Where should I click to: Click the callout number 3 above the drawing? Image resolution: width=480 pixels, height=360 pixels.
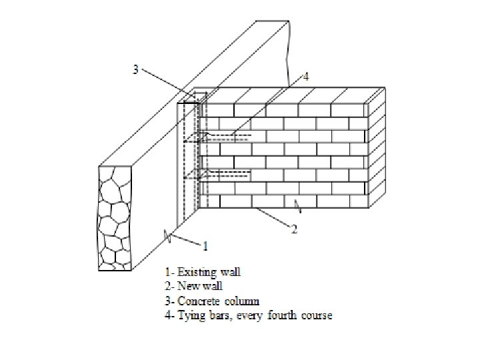click(x=136, y=70)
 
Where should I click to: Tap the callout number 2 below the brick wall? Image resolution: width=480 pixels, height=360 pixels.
click(x=294, y=229)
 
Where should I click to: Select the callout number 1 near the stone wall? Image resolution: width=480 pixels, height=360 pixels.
click(x=205, y=245)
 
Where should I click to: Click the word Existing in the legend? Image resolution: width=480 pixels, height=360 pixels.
click(x=195, y=272)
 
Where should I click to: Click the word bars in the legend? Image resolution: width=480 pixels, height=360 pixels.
click(x=217, y=315)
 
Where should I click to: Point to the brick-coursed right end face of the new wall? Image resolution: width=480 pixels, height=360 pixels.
click(x=377, y=151)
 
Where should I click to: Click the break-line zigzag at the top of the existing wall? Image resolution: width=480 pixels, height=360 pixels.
click(x=287, y=47)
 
